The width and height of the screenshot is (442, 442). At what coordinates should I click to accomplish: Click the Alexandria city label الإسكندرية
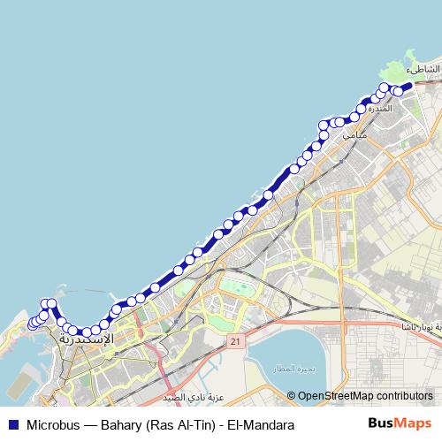pyautogui.click(x=87, y=339)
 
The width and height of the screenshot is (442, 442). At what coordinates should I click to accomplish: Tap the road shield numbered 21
pyautogui.click(x=235, y=340)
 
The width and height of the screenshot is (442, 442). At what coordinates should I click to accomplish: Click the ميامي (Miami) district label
pyautogui.click(x=353, y=136)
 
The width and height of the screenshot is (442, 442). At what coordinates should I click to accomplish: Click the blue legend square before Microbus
pyautogui.click(x=11, y=424)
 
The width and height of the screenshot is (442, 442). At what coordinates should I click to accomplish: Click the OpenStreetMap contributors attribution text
pyautogui.click(x=365, y=396)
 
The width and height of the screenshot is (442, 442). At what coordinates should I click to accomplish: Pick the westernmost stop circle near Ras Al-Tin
pyautogui.click(x=34, y=324)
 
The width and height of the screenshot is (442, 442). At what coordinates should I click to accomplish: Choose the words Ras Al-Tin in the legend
pyautogui.click(x=182, y=424)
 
